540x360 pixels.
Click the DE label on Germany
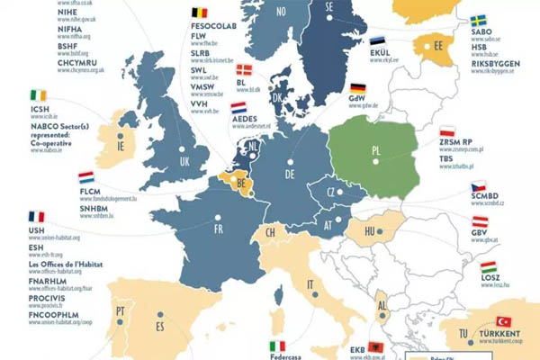[291, 174]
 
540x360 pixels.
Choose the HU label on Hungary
[368, 232]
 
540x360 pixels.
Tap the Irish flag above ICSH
[36, 94]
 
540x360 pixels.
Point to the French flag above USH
[36, 217]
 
